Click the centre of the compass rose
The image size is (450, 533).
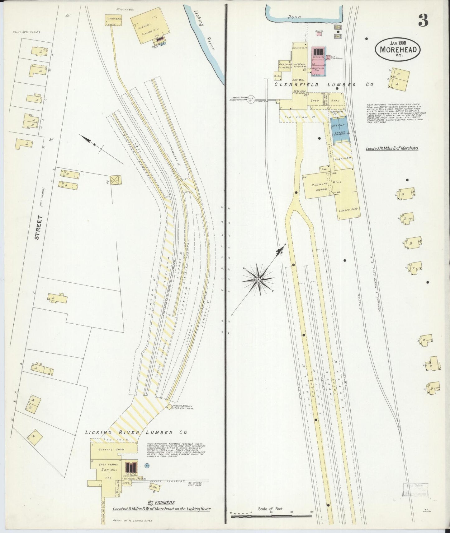tap(258, 280)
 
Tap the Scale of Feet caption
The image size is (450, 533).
tap(271, 509)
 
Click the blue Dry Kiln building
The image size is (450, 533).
tap(340, 129)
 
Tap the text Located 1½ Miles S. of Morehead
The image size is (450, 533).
tap(392, 148)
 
